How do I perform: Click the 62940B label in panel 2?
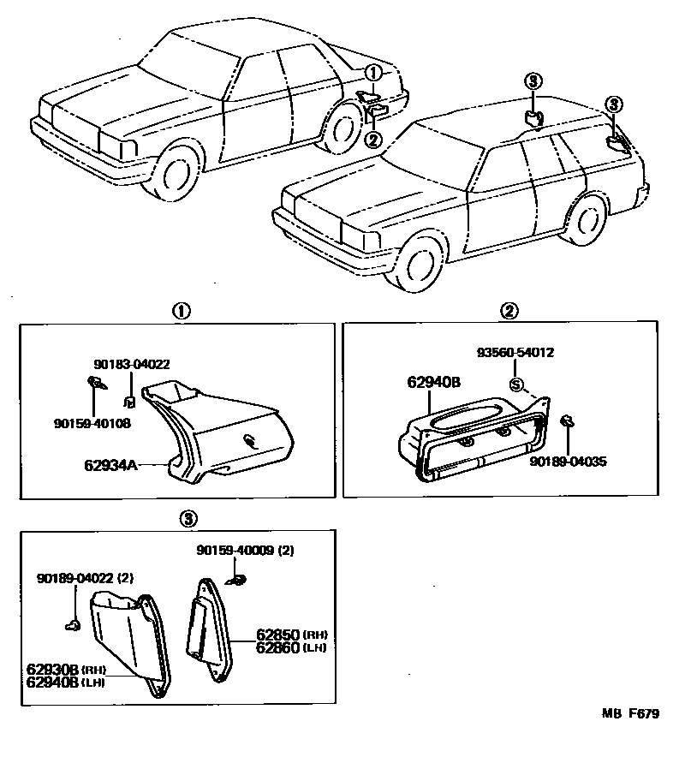434,383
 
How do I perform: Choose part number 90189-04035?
568,461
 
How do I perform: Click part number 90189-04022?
76,579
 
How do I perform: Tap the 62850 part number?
277,635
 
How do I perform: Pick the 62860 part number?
277,647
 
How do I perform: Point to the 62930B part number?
52,670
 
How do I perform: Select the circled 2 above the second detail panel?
509,311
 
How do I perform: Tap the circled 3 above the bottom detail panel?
189,517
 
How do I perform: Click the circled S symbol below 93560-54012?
515,384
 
